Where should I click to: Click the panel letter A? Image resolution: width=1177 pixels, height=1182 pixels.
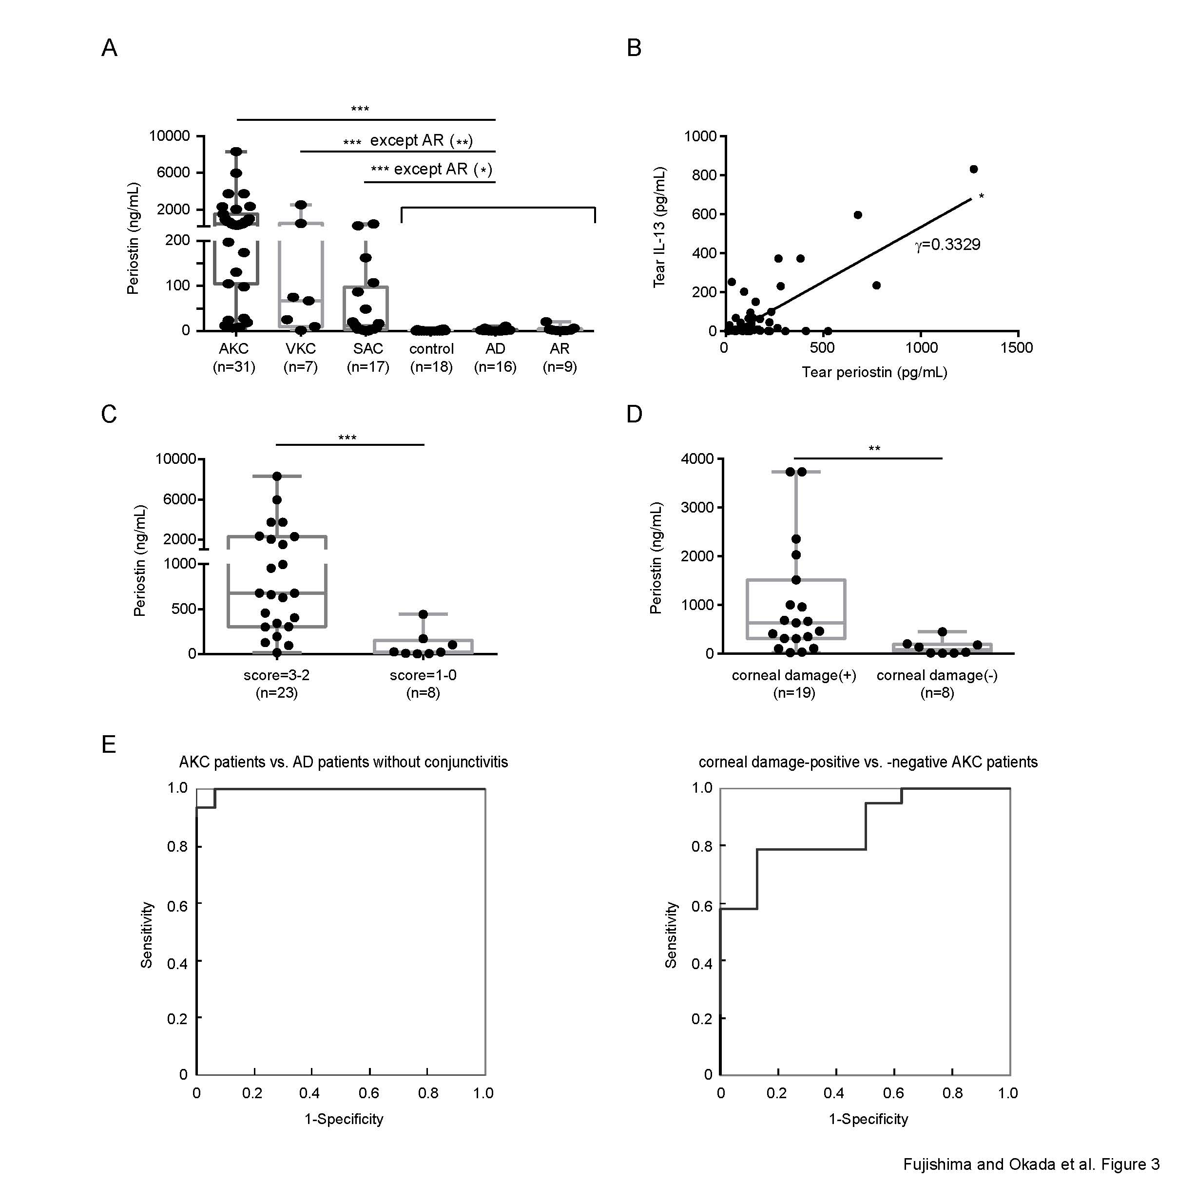coord(109,48)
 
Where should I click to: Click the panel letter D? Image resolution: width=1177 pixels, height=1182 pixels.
coord(635,415)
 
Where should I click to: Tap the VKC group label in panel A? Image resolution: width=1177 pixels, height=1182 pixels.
coord(301,349)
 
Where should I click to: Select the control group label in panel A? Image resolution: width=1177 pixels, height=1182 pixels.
coord(431,349)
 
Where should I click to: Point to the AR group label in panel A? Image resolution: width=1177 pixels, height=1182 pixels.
coord(560,349)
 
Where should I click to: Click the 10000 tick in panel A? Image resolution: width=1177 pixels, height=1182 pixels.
coord(170,136)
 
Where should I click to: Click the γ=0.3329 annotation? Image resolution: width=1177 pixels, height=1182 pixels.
coord(947,245)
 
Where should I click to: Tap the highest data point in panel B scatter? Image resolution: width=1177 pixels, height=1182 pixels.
coord(974,170)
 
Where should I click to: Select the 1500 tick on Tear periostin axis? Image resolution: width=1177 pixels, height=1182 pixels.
coord(1017,348)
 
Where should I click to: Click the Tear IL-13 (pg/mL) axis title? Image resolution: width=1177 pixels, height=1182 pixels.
coord(659,227)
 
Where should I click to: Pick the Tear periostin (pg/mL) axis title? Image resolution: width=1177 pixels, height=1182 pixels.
coord(875,372)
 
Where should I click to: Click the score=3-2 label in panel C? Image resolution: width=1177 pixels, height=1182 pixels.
coord(277,675)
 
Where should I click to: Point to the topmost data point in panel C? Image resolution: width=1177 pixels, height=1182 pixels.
coord(277,476)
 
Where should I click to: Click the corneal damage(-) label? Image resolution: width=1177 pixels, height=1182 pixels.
coord(937,675)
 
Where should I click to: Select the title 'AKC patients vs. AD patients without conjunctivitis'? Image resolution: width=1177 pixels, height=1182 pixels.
coord(344,763)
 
